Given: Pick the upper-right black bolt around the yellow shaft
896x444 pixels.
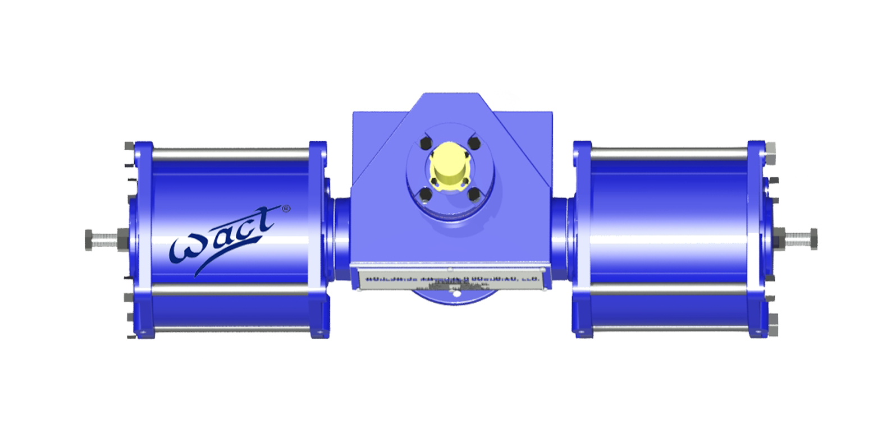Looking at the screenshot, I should coord(473,143).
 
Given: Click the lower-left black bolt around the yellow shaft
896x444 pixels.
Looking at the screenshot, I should coord(426,195).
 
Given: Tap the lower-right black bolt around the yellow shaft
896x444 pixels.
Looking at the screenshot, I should coord(473,194).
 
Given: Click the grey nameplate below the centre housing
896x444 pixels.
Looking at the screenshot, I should coord(451,278).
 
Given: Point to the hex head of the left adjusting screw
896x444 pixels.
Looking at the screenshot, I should coord(88,240).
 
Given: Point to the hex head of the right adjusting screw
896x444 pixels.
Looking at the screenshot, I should coord(813,239).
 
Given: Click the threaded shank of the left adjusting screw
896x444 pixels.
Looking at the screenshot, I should coord(104,240).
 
